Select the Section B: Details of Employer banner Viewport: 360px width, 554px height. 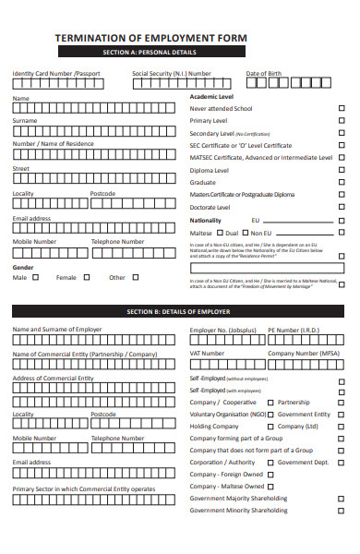click(x=181, y=311)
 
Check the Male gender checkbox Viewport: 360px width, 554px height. click(x=36, y=277)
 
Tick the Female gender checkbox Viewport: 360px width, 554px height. click(x=86, y=277)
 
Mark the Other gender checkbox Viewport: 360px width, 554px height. click(x=134, y=277)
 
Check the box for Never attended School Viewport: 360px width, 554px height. click(x=343, y=108)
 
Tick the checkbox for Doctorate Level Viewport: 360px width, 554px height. click(x=343, y=208)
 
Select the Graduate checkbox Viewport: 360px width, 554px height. click(x=343, y=183)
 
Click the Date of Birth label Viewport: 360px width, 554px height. click(x=264, y=73)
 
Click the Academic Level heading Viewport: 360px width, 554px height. click(x=211, y=96)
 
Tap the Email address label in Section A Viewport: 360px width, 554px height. click(x=31, y=218)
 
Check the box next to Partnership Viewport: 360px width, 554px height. click(x=270, y=403)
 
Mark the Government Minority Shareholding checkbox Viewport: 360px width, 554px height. click(x=343, y=510)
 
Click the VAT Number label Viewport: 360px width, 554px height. click(x=207, y=353)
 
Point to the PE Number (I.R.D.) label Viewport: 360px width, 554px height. click(x=294, y=330)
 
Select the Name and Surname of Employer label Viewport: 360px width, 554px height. click(x=57, y=330)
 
